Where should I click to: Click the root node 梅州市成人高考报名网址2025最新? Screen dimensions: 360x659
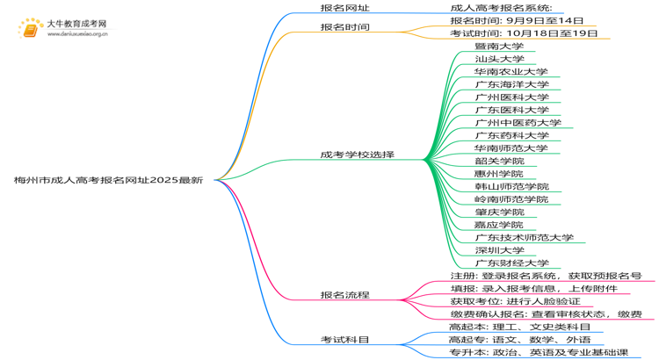[x=109, y=180]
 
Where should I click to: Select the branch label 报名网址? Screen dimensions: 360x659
[x=344, y=7]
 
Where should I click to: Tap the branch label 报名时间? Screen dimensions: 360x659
[x=344, y=27]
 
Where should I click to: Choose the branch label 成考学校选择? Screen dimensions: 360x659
[x=357, y=155]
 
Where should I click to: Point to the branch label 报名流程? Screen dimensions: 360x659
[x=344, y=295]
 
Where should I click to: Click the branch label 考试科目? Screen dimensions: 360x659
[x=344, y=339]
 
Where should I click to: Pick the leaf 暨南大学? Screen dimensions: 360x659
[x=498, y=47]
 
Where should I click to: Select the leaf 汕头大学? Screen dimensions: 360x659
[x=498, y=59]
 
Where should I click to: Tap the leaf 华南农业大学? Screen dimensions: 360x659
[x=511, y=72]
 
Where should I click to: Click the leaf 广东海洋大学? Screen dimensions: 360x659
[x=511, y=84]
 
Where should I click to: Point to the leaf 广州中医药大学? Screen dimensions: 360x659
[x=517, y=123]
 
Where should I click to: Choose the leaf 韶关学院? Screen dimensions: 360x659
[x=498, y=162]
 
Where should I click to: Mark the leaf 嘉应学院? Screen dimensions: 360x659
[x=498, y=225]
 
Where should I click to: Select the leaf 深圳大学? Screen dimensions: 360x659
[x=498, y=250]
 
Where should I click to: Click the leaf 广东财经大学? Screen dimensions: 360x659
[x=511, y=263]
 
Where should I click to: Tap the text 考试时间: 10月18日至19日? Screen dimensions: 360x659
[x=524, y=33]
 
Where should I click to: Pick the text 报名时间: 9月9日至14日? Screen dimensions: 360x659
[x=516, y=20]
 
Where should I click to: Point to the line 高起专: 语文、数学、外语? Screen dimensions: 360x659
[x=519, y=339]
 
